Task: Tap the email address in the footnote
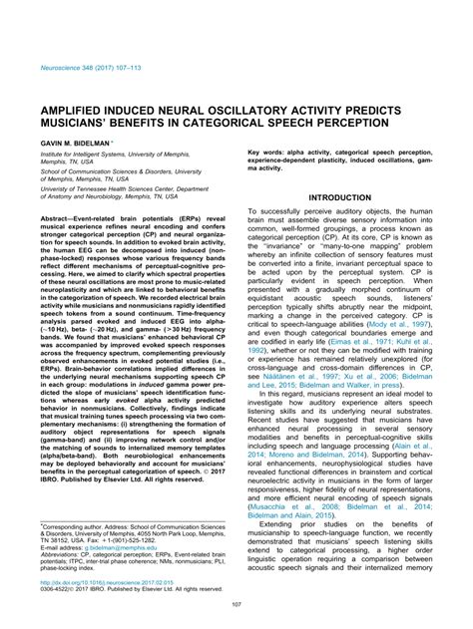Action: click(x=117, y=547)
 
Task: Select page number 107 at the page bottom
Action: click(x=236, y=605)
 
